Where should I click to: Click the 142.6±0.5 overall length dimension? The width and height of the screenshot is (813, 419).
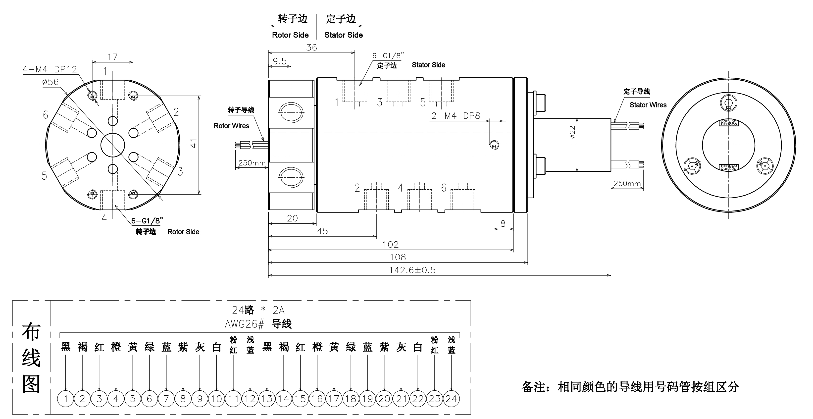(412, 270)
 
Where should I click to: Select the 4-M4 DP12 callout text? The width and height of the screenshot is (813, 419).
(50, 69)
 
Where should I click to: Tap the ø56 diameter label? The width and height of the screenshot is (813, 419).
(51, 82)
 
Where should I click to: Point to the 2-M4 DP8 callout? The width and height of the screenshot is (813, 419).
(456, 116)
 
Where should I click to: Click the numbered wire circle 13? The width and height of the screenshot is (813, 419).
(267, 399)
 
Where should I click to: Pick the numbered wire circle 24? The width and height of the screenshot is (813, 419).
(451, 399)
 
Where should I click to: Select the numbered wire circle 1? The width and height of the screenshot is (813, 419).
(66, 399)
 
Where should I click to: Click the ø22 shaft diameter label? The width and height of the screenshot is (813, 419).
(572, 132)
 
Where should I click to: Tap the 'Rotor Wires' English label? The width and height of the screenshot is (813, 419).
(231, 126)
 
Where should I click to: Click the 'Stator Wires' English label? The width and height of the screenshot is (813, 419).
(648, 105)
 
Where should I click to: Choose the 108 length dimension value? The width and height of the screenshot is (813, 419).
(398, 257)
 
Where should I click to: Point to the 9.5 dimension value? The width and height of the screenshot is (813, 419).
(280, 61)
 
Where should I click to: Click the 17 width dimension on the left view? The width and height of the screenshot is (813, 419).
(112, 57)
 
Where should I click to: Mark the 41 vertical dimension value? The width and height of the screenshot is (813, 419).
(194, 143)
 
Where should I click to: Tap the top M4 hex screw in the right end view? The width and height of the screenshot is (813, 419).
(728, 103)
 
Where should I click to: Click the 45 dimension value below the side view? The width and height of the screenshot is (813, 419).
(322, 231)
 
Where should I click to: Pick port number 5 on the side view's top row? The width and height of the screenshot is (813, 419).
(423, 102)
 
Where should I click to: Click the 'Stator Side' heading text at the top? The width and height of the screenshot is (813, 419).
(343, 35)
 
